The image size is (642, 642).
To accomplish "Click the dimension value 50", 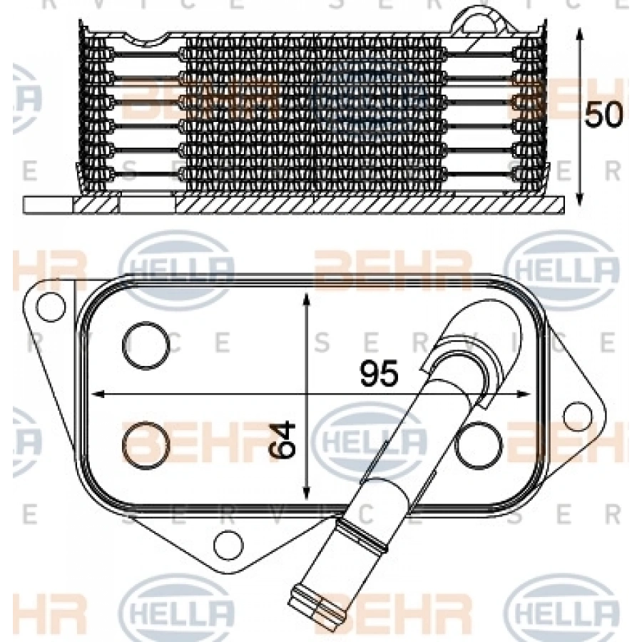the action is click(603, 114).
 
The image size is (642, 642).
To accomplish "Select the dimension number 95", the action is click(379, 373).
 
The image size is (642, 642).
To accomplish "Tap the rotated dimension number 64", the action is click(282, 439).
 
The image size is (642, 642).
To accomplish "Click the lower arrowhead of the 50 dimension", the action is click(579, 198).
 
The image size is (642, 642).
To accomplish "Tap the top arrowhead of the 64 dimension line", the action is click(306, 300).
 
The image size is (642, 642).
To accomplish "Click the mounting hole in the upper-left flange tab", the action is click(51, 307).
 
